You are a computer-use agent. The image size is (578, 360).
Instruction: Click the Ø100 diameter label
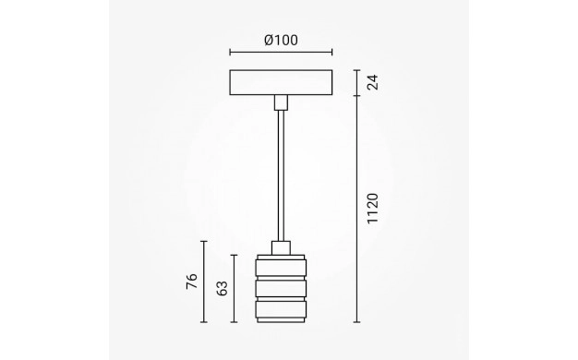281,41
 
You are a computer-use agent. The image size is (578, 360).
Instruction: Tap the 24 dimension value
373,82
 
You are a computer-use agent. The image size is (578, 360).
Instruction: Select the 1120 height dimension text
373,208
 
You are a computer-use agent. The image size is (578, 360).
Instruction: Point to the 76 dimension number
192,282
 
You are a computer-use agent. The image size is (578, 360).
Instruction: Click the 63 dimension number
222,289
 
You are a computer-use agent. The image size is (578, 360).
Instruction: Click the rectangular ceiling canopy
281,82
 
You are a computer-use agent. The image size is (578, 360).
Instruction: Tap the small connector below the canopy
281,102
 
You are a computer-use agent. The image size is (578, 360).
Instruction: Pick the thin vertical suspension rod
281,175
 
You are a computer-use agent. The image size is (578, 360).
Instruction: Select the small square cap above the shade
281,248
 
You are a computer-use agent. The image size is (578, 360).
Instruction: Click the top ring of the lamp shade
281,268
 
